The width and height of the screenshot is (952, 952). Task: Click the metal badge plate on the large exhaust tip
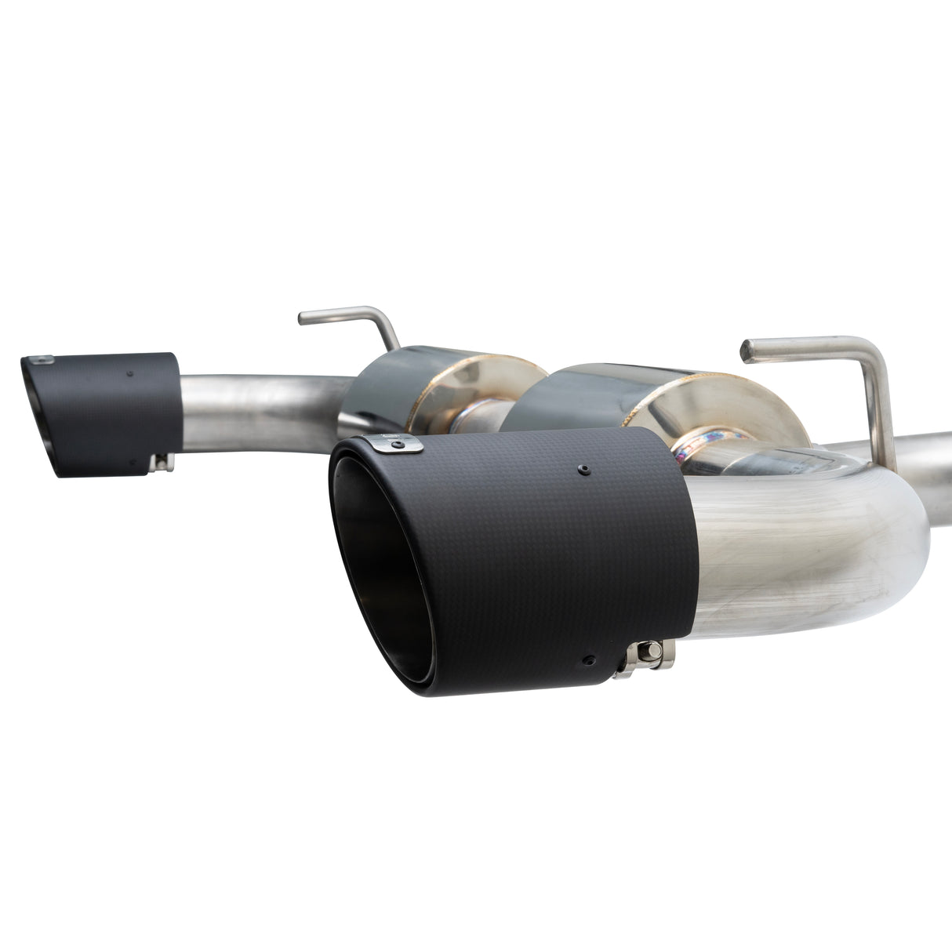point(395,445)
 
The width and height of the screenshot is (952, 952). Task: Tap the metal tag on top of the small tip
point(39,359)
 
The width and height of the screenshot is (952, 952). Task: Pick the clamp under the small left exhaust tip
point(161,463)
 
